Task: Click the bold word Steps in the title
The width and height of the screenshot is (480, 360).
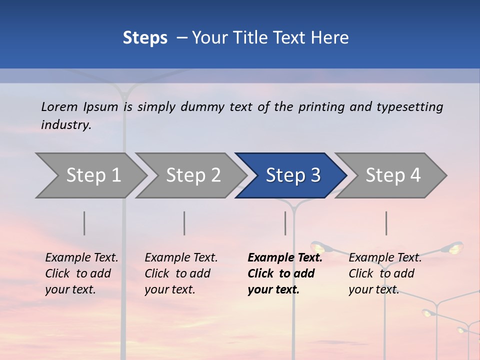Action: pyautogui.click(x=145, y=38)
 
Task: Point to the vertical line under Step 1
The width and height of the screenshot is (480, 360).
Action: pyautogui.click(x=84, y=223)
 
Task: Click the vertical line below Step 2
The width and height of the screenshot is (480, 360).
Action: pyautogui.click(x=184, y=223)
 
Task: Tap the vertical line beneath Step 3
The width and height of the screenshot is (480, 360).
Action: pyautogui.click(x=285, y=223)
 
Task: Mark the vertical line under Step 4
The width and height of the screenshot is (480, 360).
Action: pyautogui.click(x=386, y=223)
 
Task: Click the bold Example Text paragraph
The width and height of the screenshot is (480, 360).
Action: pyautogui.click(x=284, y=273)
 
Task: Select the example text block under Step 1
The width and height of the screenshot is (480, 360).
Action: pyautogui.click(x=81, y=273)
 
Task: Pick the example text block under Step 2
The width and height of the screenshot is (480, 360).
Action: pyautogui.click(x=181, y=273)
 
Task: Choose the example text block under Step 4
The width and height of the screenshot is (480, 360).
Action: pyautogui.click(x=385, y=273)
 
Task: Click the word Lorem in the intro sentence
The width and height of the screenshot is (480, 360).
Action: pyautogui.click(x=59, y=106)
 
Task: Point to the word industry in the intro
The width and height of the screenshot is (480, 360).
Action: pyautogui.click(x=65, y=125)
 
